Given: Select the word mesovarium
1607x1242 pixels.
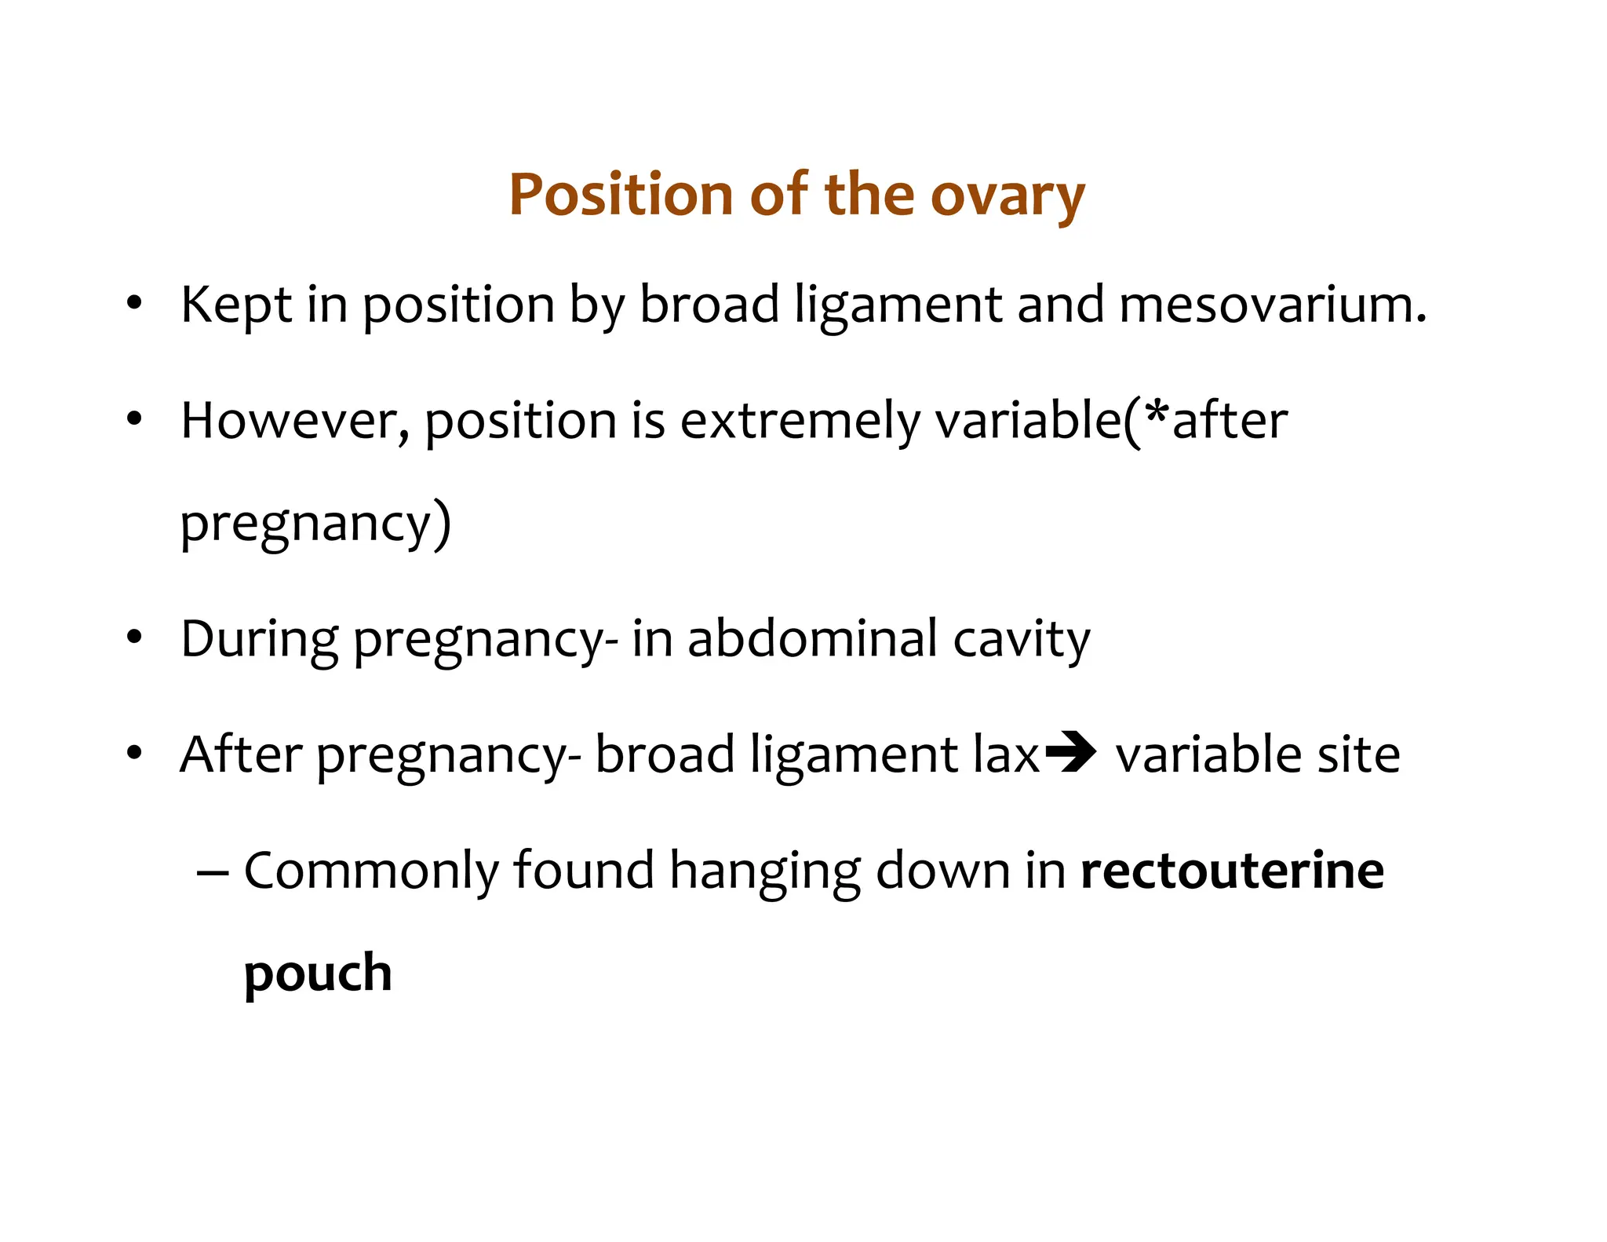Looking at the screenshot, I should click(1271, 305).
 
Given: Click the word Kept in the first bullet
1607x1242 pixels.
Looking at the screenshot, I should click(235, 306).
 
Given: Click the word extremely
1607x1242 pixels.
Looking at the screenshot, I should click(800, 422).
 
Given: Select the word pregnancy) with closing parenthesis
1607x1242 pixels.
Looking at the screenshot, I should click(315, 524).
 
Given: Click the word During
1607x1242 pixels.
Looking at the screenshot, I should click(259, 640).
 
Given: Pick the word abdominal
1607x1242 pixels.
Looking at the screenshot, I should click(812, 638).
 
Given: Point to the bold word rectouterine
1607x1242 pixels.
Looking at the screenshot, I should click(1232, 871).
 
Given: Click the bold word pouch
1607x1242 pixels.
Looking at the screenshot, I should click(317, 974).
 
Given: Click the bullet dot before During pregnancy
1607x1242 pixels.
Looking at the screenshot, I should click(134, 638).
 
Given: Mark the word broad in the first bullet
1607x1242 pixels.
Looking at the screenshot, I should click(709, 305).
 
